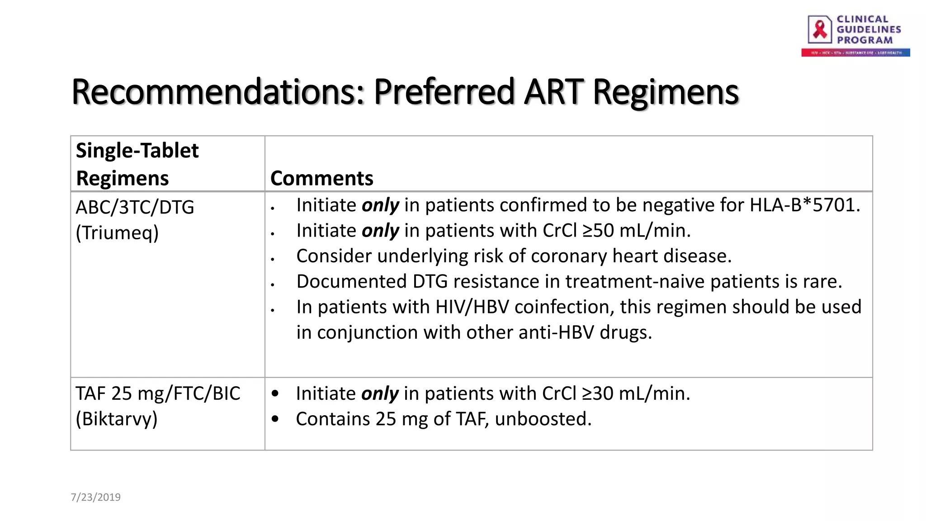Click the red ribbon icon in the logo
(820, 29)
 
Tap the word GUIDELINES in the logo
(869, 29)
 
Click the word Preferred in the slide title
(444, 92)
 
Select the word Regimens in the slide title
(665, 92)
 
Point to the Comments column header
(321, 178)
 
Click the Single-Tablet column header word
(137, 151)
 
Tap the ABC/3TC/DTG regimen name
(135, 207)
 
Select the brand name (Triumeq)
(117, 233)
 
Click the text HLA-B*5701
(804, 205)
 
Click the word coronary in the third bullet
(569, 256)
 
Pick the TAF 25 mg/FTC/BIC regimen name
(158, 393)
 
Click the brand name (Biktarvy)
(117, 419)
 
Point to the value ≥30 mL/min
(635, 393)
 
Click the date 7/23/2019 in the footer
(95, 497)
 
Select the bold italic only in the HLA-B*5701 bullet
(380, 205)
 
